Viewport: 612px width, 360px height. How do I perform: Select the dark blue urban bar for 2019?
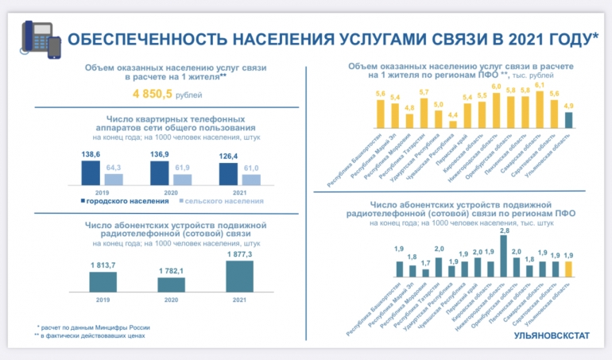(91, 173)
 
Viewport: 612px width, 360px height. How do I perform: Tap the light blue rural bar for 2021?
(251, 180)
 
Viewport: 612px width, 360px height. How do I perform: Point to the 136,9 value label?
(161, 154)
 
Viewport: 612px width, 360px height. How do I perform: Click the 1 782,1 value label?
(170, 271)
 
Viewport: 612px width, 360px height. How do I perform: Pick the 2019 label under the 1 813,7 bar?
(102, 299)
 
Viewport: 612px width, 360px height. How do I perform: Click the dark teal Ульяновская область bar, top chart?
(568, 119)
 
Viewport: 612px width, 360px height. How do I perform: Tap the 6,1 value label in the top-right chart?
(540, 84)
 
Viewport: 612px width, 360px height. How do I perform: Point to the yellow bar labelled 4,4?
(453, 123)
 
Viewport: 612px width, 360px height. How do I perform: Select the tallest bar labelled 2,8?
(504, 255)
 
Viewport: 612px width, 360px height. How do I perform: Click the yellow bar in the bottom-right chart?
(568, 269)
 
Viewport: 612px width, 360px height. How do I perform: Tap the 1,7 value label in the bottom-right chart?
(425, 262)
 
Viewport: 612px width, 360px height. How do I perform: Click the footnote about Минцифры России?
(94, 327)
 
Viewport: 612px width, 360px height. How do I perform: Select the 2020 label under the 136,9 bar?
(171, 193)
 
